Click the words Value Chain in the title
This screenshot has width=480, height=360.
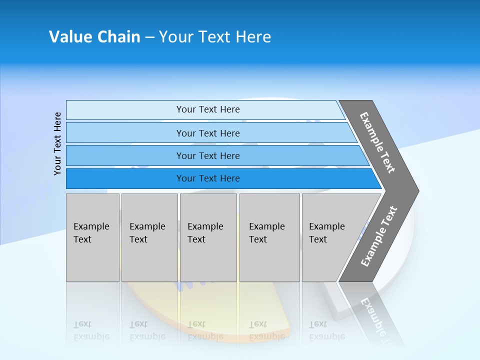click(x=94, y=37)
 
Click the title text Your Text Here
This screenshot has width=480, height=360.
click(x=215, y=37)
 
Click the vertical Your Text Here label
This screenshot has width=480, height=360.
click(x=57, y=143)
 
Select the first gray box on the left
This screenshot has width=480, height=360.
click(x=92, y=237)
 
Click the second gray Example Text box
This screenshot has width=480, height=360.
click(x=149, y=237)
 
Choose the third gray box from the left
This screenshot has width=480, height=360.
click(x=208, y=237)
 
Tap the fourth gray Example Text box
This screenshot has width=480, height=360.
click(x=269, y=237)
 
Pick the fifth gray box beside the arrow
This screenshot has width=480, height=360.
click(x=330, y=237)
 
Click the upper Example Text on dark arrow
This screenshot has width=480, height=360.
click(x=377, y=142)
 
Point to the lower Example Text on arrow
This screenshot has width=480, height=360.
click(x=378, y=236)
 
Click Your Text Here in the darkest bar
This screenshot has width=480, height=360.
click(x=208, y=178)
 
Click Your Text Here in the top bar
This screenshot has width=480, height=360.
click(x=208, y=109)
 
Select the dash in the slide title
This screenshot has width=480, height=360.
click(x=149, y=37)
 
